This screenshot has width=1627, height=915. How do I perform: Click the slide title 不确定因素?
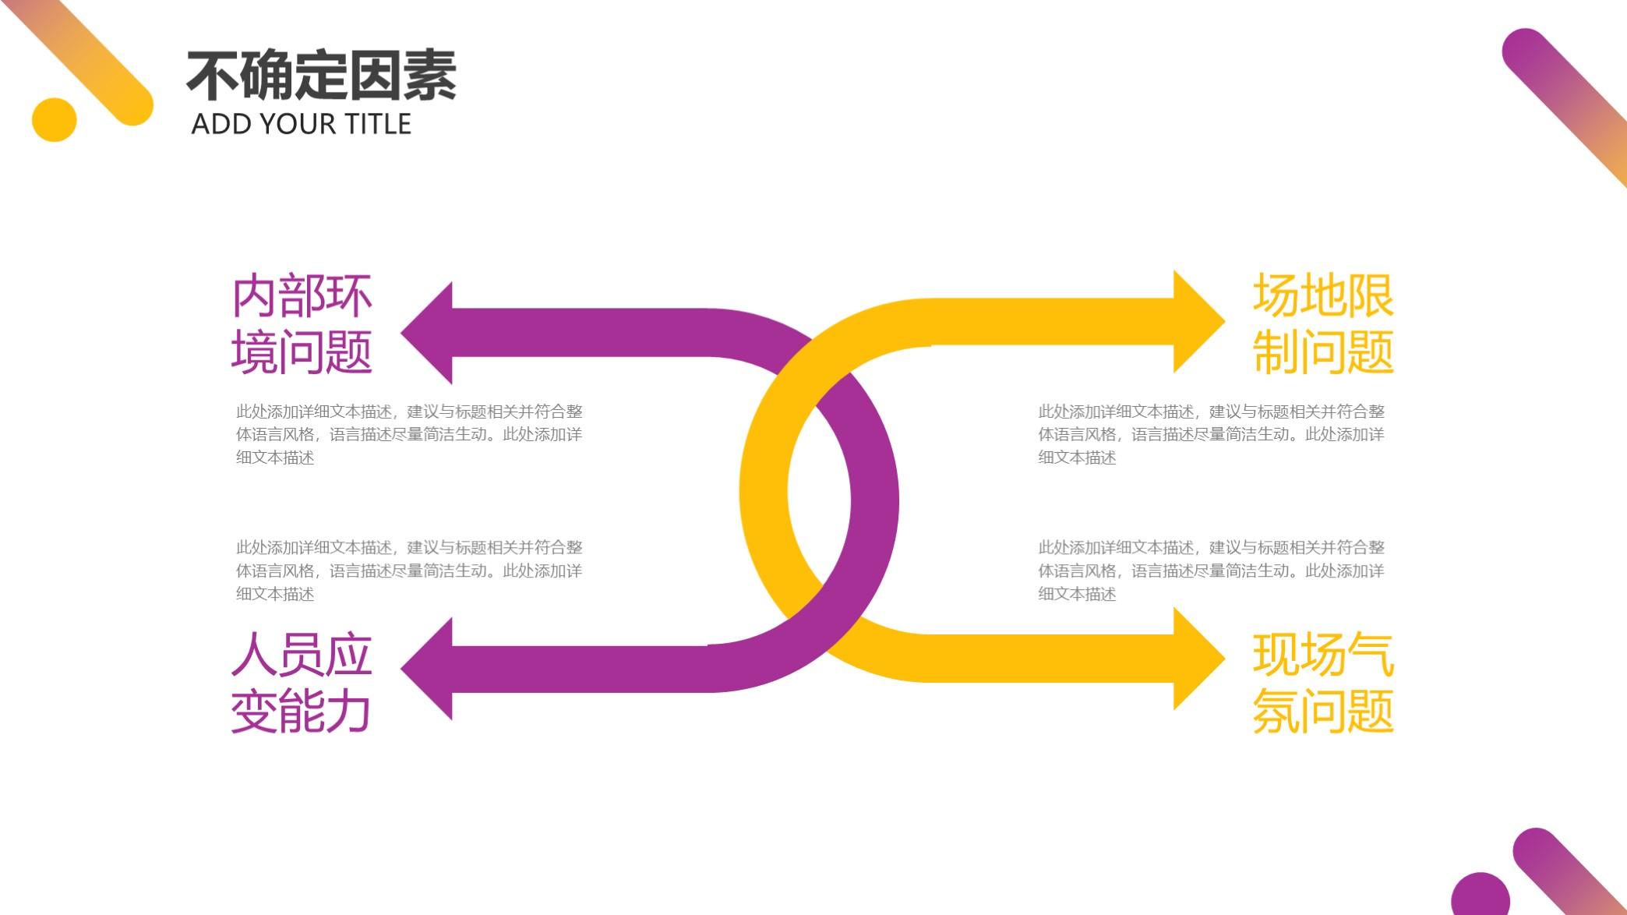pos(321,76)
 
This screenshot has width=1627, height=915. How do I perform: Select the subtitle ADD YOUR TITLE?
pos(301,124)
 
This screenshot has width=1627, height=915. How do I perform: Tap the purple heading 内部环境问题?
pos(302,323)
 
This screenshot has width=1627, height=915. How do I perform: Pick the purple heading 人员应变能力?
pos(302,683)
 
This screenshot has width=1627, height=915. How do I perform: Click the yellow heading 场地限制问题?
pos(1322,323)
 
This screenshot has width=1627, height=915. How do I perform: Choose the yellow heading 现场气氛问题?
pos(1322,683)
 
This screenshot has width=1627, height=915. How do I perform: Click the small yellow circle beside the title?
pos(55,120)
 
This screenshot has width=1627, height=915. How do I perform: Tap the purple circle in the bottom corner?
pos(1480,896)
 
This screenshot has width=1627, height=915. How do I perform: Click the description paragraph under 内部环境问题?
pos(409,434)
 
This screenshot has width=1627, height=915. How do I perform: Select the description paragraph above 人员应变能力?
pos(409,571)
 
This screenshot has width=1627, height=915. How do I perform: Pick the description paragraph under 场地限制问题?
pos(1211,434)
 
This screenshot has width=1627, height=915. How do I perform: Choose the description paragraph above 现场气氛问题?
pos(1211,571)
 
